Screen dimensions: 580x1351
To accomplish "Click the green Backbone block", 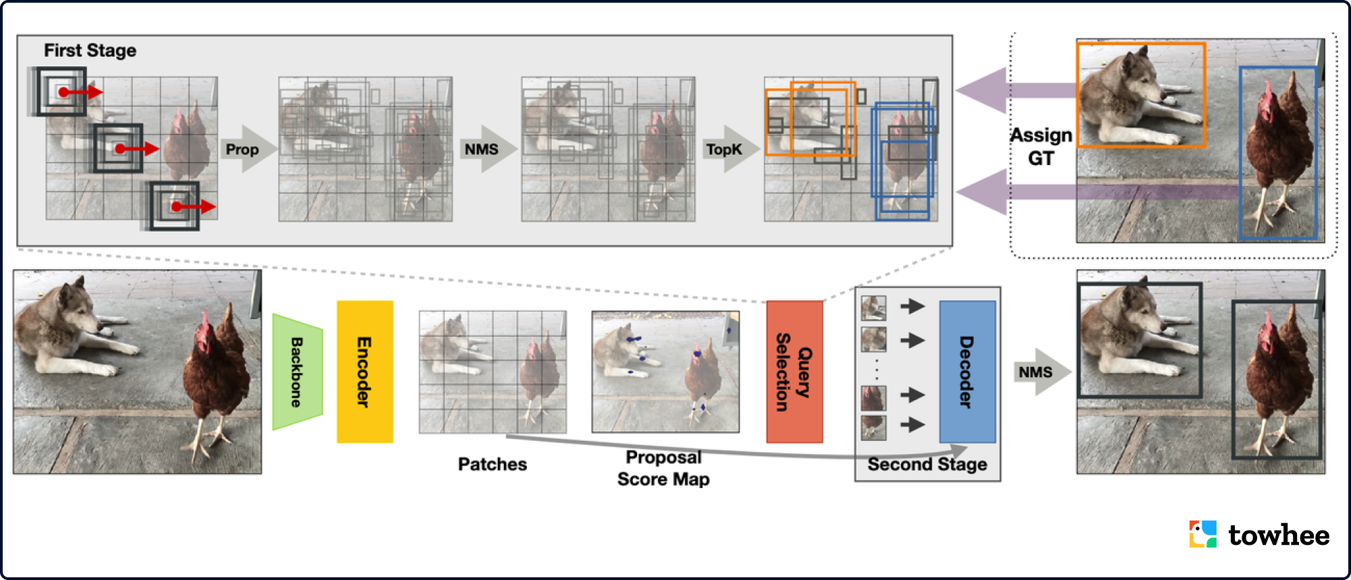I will click(x=297, y=372).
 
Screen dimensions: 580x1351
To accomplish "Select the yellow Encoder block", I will click(x=365, y=372).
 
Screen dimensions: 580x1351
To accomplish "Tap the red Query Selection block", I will click(x=794, y=372).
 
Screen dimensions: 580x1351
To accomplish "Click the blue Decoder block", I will click(x=967, y=372).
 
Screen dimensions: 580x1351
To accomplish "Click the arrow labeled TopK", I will click(x=726, y=149).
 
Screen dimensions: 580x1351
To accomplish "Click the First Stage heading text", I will click(x=90, y=51).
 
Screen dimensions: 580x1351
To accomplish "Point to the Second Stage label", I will click(x=927, y=464).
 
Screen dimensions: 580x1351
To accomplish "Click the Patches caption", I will click(x=492, y=464).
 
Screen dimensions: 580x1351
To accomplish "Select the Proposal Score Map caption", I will click(x=663, y=468).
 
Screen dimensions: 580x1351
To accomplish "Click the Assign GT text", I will click(x=1041, y=147).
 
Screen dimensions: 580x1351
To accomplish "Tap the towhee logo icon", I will click(x=1203, y=534).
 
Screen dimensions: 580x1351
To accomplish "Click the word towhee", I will click(x=1279, y=535).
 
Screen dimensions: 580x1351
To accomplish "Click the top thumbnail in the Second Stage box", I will click(x=873, y=308).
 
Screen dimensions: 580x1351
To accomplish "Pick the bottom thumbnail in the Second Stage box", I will click(x=873, y=427).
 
